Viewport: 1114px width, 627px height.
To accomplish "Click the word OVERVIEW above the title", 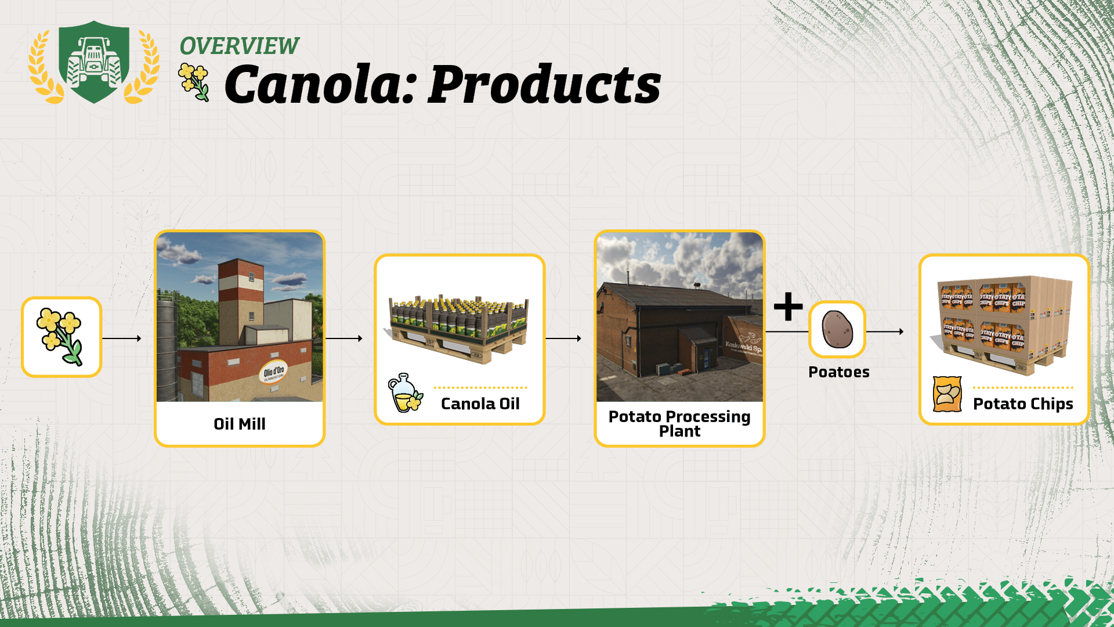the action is click(x=239, y=46).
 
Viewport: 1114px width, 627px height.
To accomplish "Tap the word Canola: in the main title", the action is click(x=320, y=85).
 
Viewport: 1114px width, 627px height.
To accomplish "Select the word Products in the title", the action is click(x=544, y=85).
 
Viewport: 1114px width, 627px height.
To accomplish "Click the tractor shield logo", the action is click(x=94, y=62).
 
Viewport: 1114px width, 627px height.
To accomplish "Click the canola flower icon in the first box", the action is click(x=60, y=337).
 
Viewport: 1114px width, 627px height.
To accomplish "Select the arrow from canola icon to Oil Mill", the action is click(x=122, y=338).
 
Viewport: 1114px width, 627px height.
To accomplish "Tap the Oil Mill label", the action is click(x=239, y=424).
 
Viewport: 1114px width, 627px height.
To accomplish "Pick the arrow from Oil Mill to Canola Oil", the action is click(x=344, y=338).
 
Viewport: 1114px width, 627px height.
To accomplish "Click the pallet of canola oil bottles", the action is click(x=458, y=328).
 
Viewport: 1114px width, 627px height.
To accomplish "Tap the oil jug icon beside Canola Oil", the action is click(x=405, y=393).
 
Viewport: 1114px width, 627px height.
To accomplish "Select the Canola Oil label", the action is click(x=480, y=403).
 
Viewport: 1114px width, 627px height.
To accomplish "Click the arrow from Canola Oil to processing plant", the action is click(x=563, y=338).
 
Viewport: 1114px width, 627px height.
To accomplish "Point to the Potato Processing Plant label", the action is click(x=679, y=424).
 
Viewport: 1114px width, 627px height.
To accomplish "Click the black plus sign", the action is click(x=788, y=307).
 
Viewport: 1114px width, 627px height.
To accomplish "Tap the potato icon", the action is click(x=837, y=329).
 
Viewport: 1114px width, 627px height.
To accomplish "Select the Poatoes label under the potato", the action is click(x=838, y=372).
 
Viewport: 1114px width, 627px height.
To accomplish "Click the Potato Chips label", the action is click(x=1023, y=404).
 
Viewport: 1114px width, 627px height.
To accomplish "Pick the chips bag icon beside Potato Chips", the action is click(x=947, y=394).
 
